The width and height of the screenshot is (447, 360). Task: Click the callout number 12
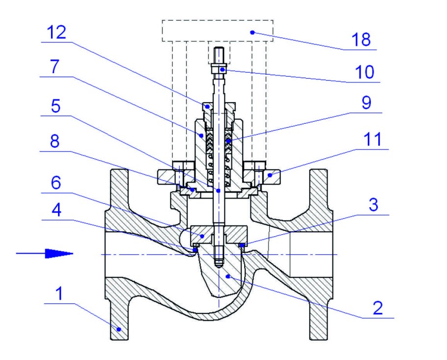[x=56, y=32]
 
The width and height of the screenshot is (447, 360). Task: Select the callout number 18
[x=361, y=39]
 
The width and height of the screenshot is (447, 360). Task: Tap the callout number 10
[x=364, y=72]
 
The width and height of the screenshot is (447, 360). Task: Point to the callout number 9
[x=366, y=103]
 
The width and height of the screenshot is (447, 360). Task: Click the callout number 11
[x=372, y=139]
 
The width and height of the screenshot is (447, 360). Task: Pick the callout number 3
[x=373, y=204]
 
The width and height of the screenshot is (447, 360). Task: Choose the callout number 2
[x=378, y=308]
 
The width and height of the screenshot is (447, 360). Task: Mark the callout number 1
[x=59, y=294]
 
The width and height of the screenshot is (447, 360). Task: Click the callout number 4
[x=56, y=210]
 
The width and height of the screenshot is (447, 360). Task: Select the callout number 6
[x=56, y=182]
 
